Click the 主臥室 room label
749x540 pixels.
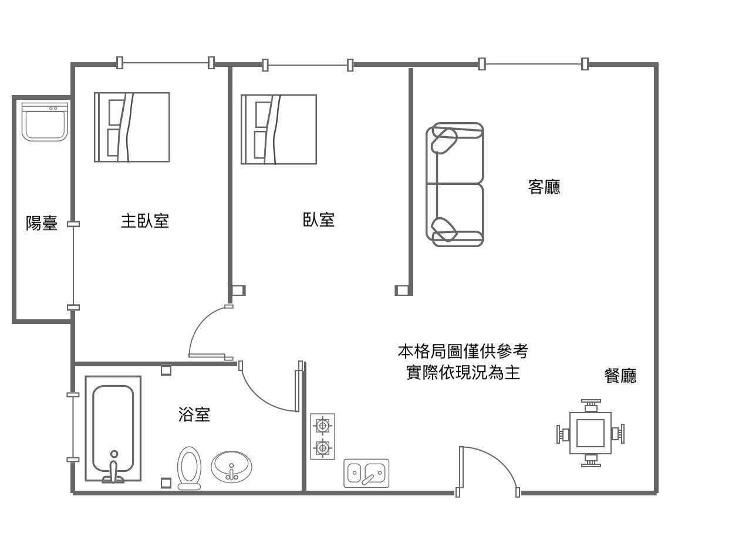(x=145, y=221)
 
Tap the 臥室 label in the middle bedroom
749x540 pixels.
(x=319, y=220)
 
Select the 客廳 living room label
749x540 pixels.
(x=544, y=187)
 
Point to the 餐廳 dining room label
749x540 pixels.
(x=620, y=376)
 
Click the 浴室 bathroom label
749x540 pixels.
(x=194, y=414)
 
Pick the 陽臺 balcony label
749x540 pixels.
(x=42, y=223)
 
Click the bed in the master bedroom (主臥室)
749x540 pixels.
(x=132, y=127)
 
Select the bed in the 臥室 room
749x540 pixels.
(x=279, y=129)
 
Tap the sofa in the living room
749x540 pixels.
(x=455, y=184)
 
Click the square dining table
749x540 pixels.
(x=591, y=433)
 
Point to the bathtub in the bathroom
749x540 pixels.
(x=113, y=428)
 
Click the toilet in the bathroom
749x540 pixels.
(x=189, y=468)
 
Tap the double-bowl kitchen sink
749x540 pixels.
(x=366, y=473)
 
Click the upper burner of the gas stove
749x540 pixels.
(x=322, y=424)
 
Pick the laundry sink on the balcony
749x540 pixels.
(x=45, y=122)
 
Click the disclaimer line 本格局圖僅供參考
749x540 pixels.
(x=463, y=352)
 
